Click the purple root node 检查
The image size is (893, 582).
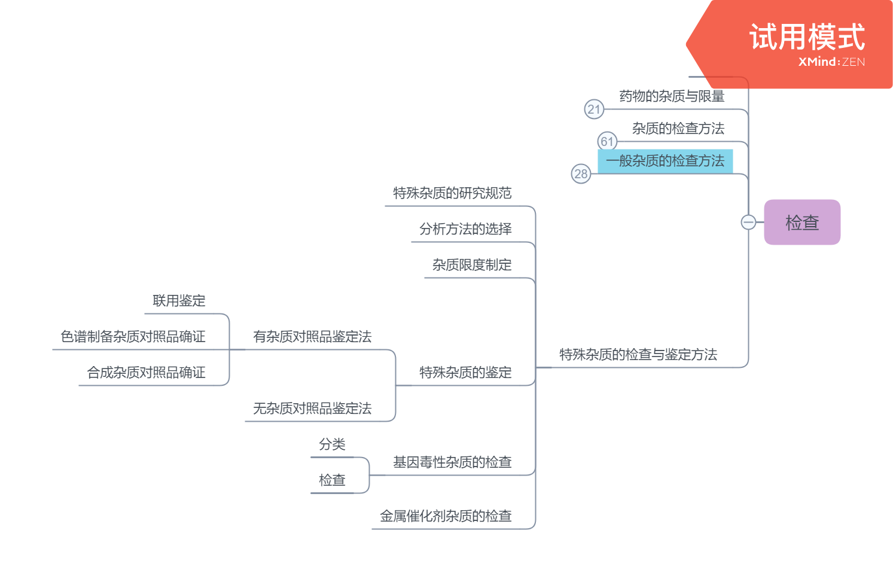[801, 223]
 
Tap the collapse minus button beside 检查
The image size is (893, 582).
[748, 223]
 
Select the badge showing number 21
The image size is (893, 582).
[594, 109]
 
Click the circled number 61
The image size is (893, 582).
[607, 142]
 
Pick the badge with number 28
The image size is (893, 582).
[581, 174]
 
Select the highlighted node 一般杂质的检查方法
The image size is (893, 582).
[665, 161]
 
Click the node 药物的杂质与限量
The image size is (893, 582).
[672, 96]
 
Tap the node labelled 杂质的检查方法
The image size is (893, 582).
[678, 129]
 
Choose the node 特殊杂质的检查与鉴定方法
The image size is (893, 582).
[638, 355]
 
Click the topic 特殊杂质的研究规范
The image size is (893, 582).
[452, 193]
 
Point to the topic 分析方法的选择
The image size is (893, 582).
[465, 229]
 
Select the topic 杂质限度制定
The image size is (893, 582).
[472, 265]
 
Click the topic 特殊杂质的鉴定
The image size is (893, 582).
[465, 373]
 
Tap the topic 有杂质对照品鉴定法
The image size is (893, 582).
[312, 337]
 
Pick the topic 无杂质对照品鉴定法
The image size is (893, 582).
[312, 409]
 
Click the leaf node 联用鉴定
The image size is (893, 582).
[179, 301]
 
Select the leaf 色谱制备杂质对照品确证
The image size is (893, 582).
[133, 337]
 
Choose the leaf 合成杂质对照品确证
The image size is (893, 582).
[146, 373]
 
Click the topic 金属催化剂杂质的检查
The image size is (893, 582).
[446, 516]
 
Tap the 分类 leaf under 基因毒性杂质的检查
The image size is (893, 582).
[332, 444]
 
